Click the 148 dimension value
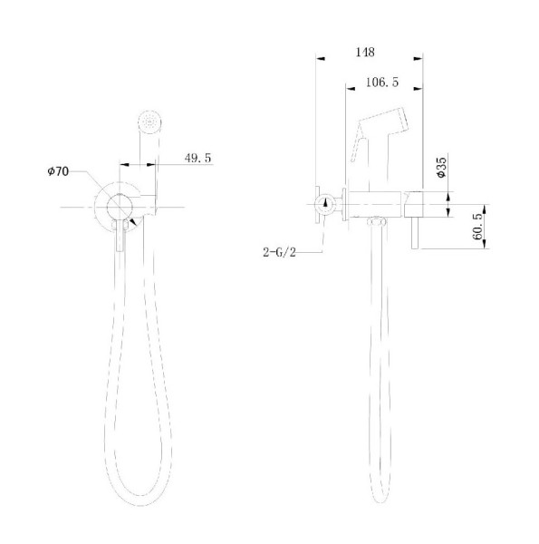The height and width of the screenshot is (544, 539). (366, 52)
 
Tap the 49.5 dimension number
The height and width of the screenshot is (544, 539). (197, 158)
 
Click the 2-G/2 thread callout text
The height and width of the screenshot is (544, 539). (278, 253)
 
